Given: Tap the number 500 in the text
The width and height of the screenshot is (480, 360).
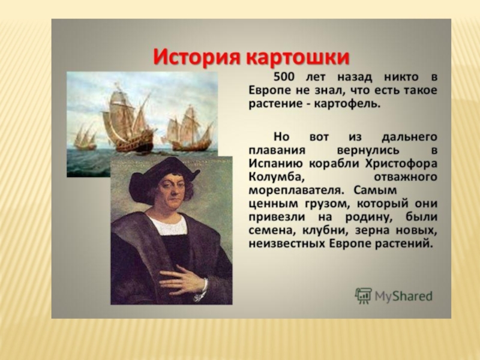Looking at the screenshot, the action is click(x=284, y=77).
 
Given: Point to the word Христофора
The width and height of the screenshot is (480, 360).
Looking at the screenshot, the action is click(x=401, y=164).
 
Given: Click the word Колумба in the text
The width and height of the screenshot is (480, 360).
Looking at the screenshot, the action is click(x=276, y=178).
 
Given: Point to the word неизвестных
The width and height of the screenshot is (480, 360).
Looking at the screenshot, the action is click(x=287, y=245).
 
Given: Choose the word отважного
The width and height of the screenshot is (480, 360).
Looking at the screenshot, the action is click(x=406, y=178).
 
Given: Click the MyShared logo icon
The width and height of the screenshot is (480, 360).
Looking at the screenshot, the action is click(x=364, y=296).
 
